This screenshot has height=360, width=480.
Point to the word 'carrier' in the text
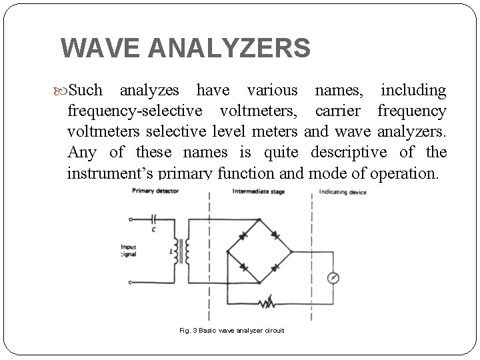coord(339,110)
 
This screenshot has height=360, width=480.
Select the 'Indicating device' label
coord(343,191)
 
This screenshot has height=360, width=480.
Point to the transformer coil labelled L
coord(181,251)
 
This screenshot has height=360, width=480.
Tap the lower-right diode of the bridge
coord(275,267)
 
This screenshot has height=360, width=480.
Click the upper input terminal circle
coord(130,219)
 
